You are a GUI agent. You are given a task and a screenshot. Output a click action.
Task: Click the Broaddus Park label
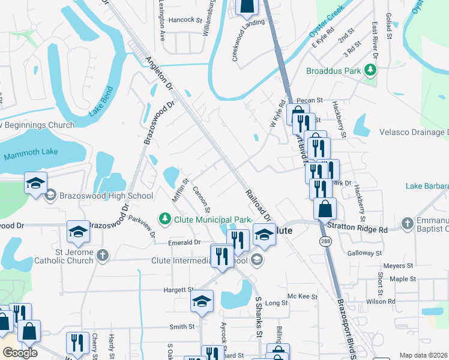pyautogui.click(x=333, y=71)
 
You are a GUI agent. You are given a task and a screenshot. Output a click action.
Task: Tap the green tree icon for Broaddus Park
pyautogui.click(x=370, y=71)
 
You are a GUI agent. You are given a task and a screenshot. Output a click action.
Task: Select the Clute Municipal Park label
pyautogui.click(x=211, y=220)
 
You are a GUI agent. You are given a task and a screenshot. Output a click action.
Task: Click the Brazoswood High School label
pyautogui.click(x=106, y=196)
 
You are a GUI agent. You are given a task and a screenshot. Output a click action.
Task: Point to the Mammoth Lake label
pyautogui.click(x=31, y=152)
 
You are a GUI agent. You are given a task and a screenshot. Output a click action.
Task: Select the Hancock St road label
pyautogui.click(x=185, y=20)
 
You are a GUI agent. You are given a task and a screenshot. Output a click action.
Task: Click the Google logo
pyautogui.click(x=20, y=353)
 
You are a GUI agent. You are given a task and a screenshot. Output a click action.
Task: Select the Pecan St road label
pyautogui.click(x=310, y=100)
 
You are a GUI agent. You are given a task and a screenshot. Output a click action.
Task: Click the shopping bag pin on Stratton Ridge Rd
pyautogui.click(x=325, y=209)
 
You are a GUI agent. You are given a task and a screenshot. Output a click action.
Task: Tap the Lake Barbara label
pyautogui.click(x=427, y=187)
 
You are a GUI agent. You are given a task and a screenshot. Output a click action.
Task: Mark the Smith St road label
pyautogui.click(x=182, y=327)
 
